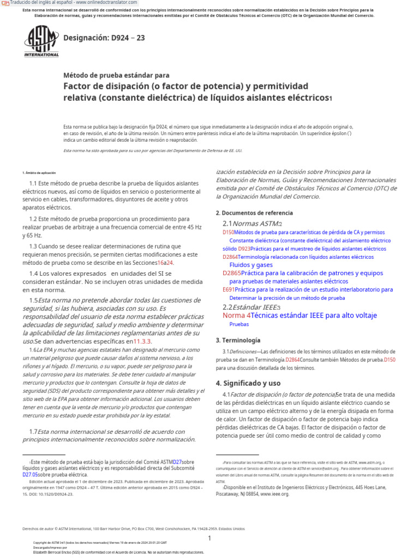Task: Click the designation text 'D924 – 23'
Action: [104, 38]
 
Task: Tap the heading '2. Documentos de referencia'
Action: [254, 213]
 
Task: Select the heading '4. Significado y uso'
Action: [248, 383]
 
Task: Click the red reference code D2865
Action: [231, 273]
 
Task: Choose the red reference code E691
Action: [228, 290]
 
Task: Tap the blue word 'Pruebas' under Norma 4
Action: [239, 324]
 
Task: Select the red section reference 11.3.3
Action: [142, 341]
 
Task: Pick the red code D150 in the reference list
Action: [228, 232]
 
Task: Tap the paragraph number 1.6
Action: [33, 350]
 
